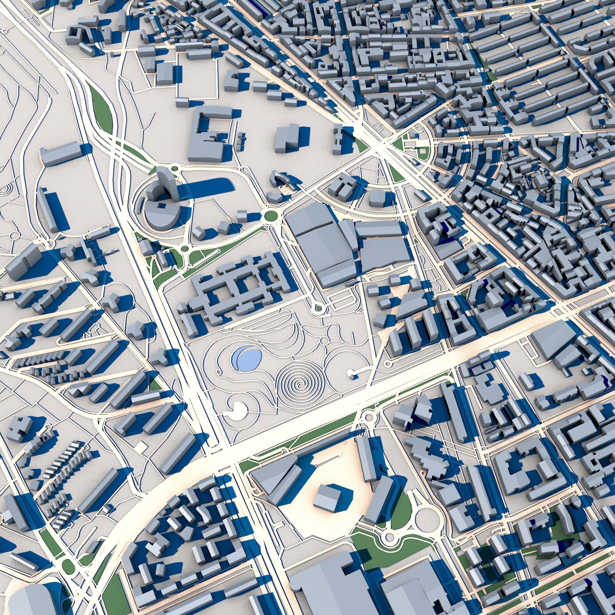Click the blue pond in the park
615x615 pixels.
[247, 358]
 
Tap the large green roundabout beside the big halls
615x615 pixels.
[271, 216]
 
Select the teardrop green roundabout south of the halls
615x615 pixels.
[318, 308]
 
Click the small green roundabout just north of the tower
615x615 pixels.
[174, 168]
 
